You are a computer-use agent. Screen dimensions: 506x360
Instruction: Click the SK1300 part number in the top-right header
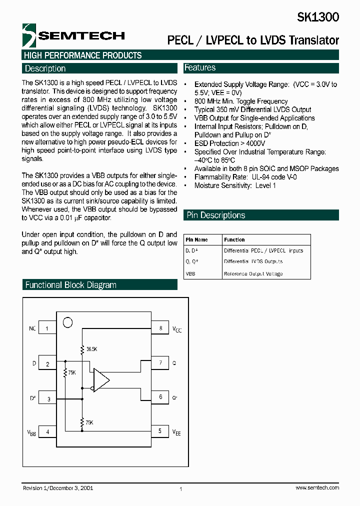click(x=318, y=17)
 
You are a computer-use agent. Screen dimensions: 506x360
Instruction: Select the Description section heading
click(x=45, y=68)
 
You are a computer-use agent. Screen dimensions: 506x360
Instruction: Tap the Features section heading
click(x=200, y=67)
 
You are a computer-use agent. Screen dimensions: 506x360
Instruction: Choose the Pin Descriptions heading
click(x=216, y=215)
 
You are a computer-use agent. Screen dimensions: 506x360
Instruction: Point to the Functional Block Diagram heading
click(x=70, y=285)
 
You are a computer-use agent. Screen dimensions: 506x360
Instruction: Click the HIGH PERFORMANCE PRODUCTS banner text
click(x=83, y=55)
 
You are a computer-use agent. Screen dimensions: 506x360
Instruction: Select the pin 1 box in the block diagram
click(x=47, y=328)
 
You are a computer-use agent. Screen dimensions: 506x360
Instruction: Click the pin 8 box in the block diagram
click(x=160, y=328)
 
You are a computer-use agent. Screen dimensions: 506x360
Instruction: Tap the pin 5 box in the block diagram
click(x=160, y=430)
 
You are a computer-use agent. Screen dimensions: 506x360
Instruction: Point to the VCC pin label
click(x=177, y=329)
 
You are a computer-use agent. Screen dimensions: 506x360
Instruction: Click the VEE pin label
click(x=176, y=431)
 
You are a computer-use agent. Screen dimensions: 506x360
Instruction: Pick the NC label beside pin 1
click(x=32, y=328)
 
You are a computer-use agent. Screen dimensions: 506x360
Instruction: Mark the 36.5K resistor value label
click(x=92, y=348)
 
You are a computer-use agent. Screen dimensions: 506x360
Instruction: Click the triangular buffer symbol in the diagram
click(x=101, y=379)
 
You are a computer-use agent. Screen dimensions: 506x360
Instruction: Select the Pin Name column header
click(x=197, y=239)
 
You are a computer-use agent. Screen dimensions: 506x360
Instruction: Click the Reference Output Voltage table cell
click(x=253, y=273)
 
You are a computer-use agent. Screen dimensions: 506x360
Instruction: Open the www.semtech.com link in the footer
click(x=317, y=487)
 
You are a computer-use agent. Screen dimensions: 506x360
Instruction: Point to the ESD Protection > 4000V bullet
click(x=229, y=143)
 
